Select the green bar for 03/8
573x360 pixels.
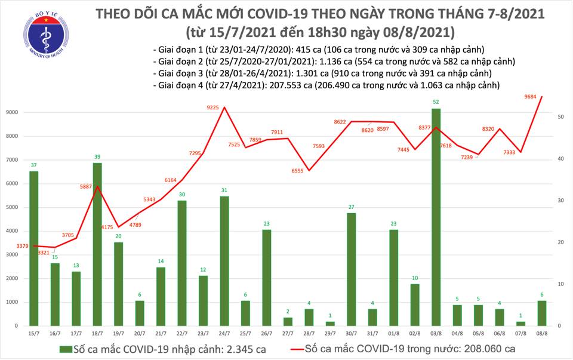(x=437, y=217)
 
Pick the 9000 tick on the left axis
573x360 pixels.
(x=12, y=113)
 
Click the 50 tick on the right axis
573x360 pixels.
(x=561, y=117)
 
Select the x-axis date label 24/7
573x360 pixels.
(x=224, y=334)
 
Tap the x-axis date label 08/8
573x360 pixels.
(x=542, y=334)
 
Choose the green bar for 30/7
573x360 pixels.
(x=352, y=269)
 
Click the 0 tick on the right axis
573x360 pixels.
(x=559, y=326)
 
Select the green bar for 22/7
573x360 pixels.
(x=182, y=263)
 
